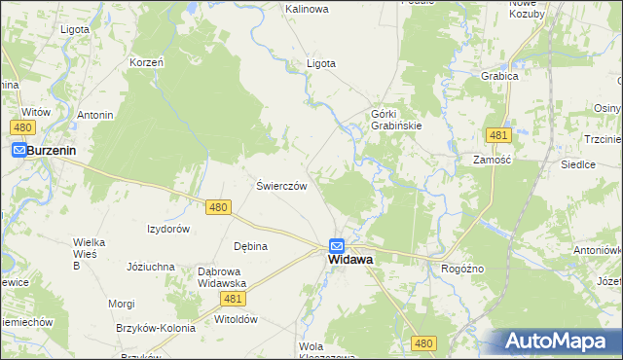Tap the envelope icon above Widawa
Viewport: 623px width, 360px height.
[x=336, y=246]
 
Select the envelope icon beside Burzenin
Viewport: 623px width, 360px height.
[x=19, y=151]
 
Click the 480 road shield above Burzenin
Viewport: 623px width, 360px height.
[x=24, y=127]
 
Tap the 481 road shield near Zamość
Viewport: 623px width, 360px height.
[x=498, y=134]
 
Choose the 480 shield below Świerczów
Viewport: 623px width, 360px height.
[x=219, y=207]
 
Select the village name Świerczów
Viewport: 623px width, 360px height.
[x=282, y=185]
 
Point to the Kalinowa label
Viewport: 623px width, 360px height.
[x=307, y=9]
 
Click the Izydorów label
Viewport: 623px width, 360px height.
[x=167, y=229]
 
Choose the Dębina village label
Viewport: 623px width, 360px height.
[x=250, y=246]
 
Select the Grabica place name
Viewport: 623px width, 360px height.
[x=498, y=75]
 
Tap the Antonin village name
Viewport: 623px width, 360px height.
[x=95, y=116]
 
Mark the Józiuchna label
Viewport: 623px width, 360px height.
[x=151, y=266]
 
